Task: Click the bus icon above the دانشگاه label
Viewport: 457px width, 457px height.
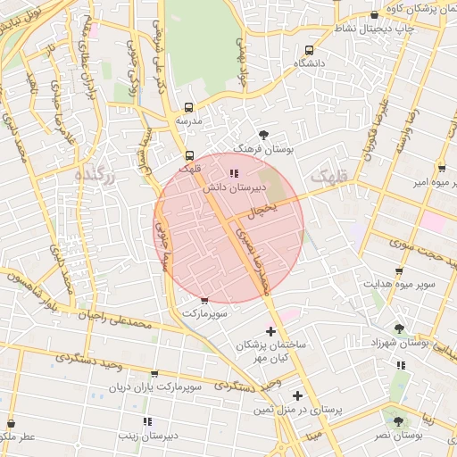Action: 310,51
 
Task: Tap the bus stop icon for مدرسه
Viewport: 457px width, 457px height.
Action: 188,106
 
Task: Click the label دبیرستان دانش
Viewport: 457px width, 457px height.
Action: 234,188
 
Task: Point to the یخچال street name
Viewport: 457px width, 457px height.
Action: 263,210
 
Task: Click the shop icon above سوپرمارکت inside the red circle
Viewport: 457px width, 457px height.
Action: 205,301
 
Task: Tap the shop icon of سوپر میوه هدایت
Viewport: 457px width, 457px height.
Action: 398,270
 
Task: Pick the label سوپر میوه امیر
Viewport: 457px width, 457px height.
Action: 416,182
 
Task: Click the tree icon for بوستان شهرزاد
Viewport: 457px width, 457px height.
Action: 398,328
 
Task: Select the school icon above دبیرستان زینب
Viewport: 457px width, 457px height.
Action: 146,420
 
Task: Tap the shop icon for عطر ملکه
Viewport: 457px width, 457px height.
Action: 12,423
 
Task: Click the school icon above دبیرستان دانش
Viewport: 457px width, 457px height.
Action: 234,173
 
